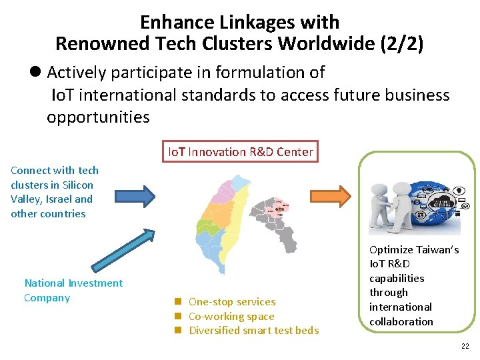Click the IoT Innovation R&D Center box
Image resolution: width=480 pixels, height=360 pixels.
click(239, 151)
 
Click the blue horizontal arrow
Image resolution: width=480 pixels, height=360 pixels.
click(135, 195)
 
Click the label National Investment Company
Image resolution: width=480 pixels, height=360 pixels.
click(73, 290)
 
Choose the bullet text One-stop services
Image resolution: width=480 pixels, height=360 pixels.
click(231, 302)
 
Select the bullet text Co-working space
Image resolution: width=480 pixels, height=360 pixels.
click(231, 317)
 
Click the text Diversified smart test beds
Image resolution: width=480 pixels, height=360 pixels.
click(253, 331)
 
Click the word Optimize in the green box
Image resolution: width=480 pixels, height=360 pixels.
click(391, 250)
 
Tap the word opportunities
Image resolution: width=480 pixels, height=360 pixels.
click(98, 117)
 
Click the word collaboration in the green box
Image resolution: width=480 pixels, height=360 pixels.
click(401, 321)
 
